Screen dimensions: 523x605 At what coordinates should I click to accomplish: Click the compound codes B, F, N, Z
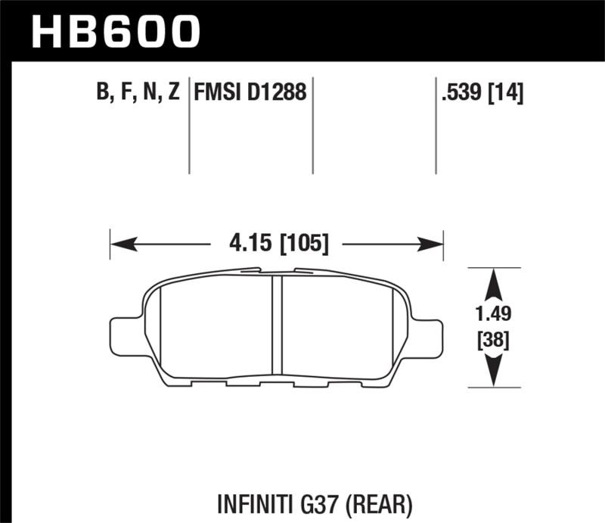[x=136, y=94]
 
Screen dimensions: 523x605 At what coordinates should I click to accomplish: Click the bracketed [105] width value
[x=304, y=244]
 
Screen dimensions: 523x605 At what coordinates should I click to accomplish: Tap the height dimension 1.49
[x=494, y=311]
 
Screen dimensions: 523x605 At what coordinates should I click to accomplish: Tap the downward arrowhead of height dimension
[x=494, y=372]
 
